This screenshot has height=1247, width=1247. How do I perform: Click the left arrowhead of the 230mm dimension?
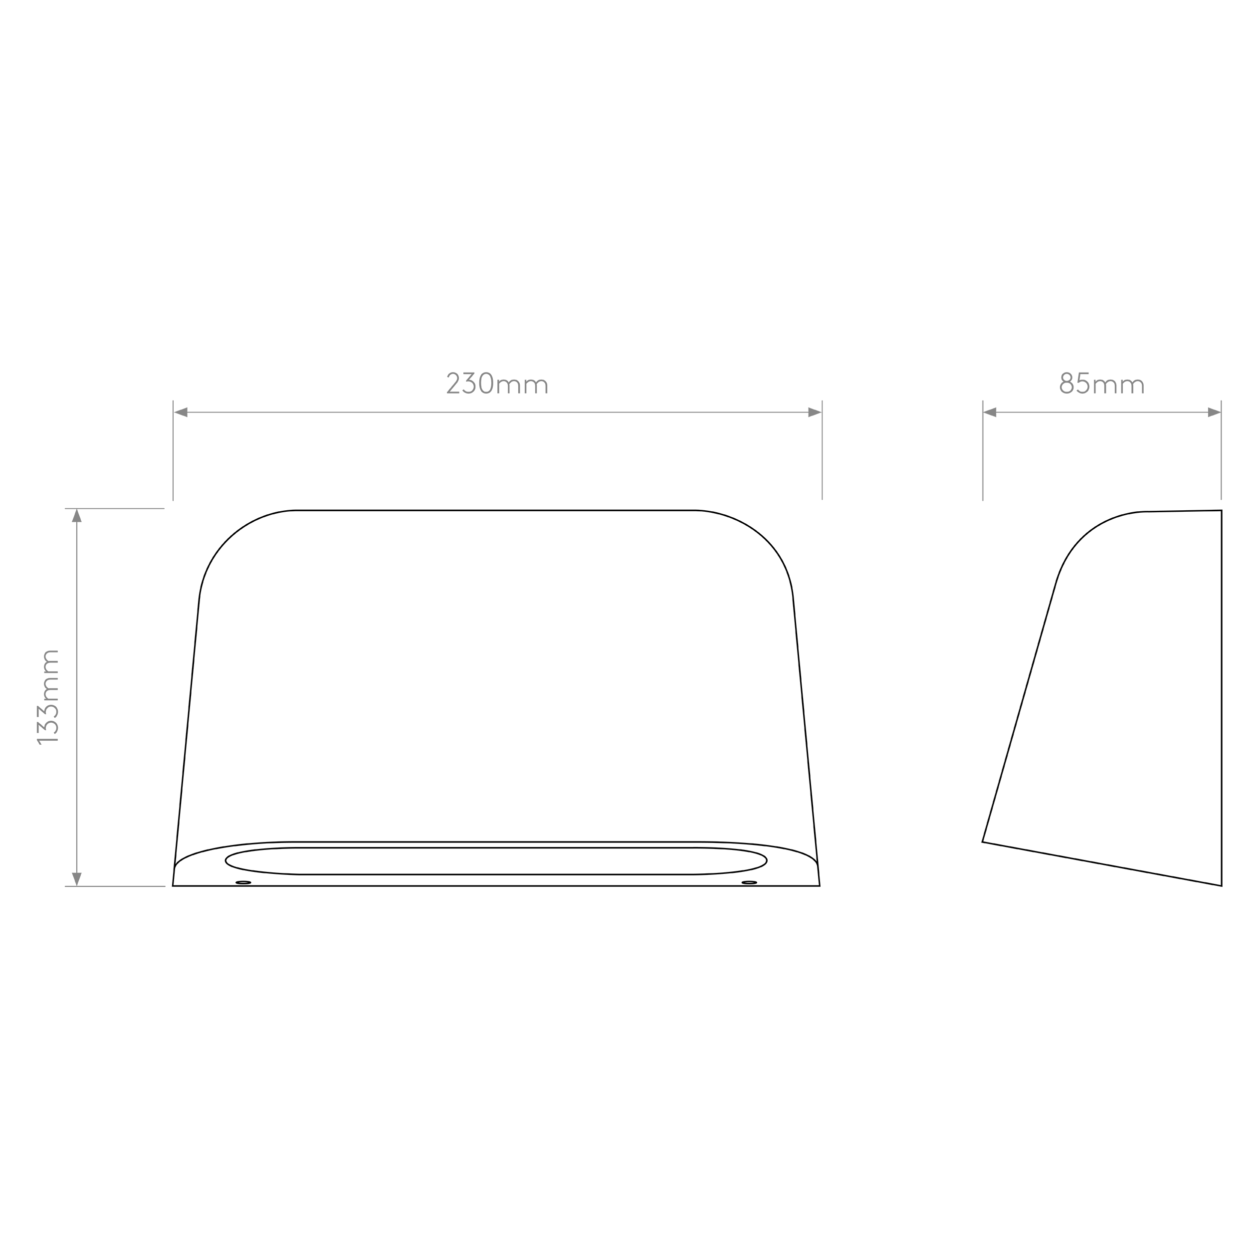click(x=181, y=413)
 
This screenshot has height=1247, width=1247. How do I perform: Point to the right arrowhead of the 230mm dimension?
click(x=815, y=413)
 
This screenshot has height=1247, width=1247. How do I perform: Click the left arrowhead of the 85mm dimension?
click(x=990, y=413)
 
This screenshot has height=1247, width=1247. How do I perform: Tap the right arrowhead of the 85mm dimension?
click(x=1214, y=413)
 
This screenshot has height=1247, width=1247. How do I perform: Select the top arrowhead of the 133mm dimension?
click(x=77, y=516)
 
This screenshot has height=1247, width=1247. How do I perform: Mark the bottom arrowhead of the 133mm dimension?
click(x=77, y=878)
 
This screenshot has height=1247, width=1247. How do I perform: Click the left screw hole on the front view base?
click(x=243, y=882)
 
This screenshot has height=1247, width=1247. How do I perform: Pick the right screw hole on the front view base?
click(x=749, y=882)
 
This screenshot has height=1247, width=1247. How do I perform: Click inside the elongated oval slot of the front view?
click(x=496, y=861)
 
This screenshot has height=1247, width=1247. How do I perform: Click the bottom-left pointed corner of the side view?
click(x=982, y=841)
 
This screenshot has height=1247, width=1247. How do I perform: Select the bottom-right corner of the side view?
click(x=1221, y=886)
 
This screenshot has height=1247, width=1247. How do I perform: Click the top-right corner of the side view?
click(x=1221, y=511)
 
